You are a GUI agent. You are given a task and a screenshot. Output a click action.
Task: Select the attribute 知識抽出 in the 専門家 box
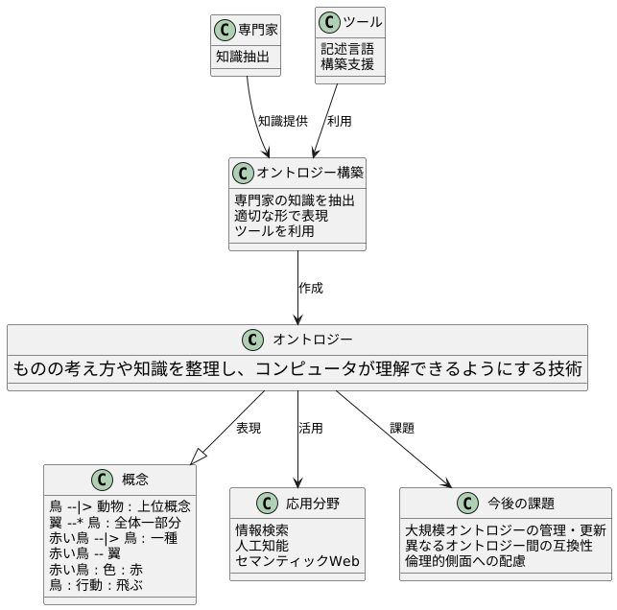coord(241,57)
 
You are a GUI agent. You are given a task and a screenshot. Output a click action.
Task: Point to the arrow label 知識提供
coord(283,121)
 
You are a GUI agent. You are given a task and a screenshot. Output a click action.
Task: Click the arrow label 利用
coord(339,121)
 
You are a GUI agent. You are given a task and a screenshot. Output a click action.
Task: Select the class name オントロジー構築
coord(309,173)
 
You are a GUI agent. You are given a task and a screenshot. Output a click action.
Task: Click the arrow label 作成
coord(311,288)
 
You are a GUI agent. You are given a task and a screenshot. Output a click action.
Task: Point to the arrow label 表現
coord(248,428)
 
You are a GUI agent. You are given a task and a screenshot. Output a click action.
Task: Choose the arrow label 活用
coord(311,428)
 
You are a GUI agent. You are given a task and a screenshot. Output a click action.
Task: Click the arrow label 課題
coord(402,428)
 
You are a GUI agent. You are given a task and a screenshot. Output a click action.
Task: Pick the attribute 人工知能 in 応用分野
coord(262,545)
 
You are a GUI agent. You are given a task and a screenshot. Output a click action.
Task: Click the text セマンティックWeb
coord(297,560)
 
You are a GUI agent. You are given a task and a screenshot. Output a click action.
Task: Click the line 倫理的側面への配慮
coord(465,560)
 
